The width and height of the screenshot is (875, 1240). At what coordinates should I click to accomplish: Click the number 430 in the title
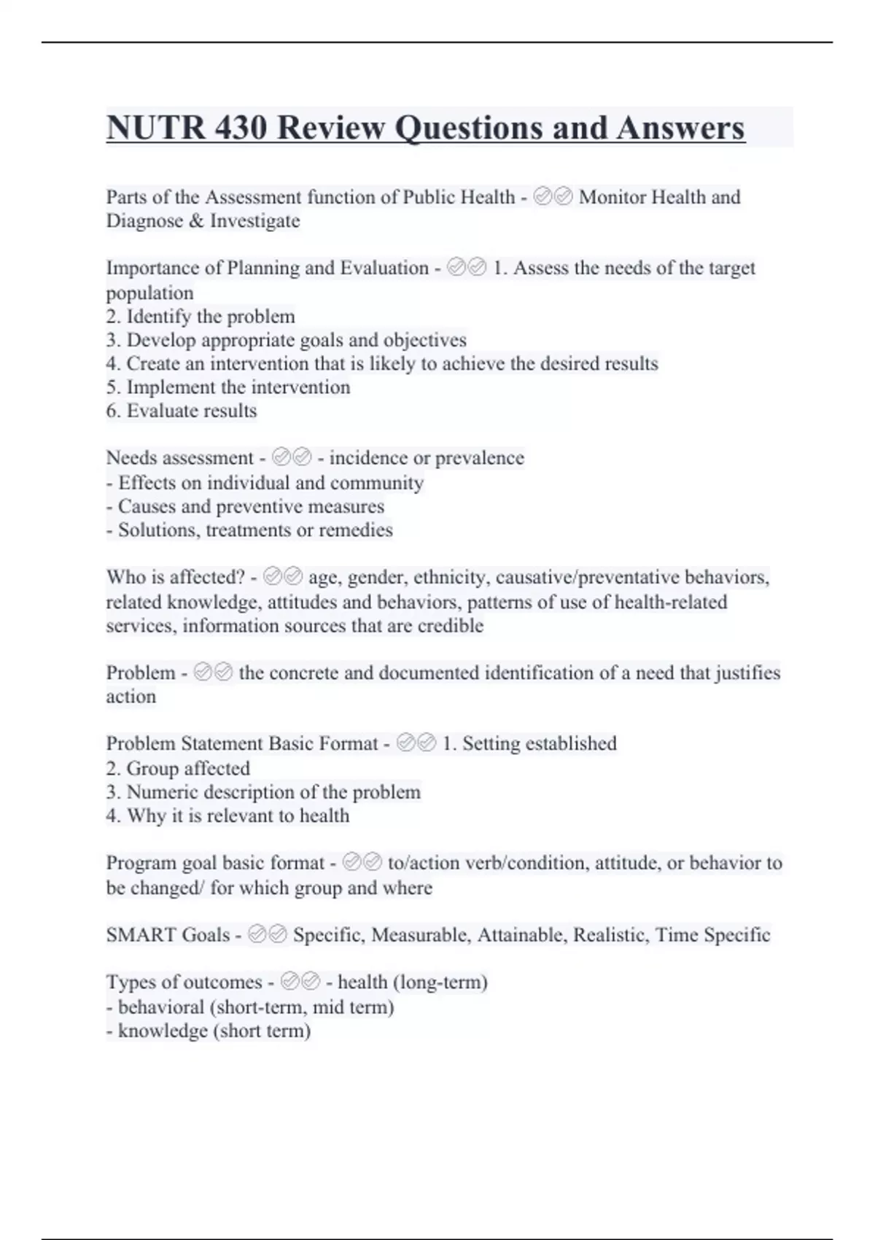[x=242, y=128]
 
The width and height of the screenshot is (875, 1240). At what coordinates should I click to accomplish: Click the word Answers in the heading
[x=680, y=128]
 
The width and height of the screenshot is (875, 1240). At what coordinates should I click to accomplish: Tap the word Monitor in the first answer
[x=611, y=197]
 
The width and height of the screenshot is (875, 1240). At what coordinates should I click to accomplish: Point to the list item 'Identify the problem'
[x=201, y=317]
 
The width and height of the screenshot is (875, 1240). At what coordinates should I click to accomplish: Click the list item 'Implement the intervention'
[x=228, y=387]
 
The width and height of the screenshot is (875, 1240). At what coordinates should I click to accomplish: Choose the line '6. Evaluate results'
[x=182, y=411]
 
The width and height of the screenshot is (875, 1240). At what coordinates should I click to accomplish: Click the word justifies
[x=747, y=673]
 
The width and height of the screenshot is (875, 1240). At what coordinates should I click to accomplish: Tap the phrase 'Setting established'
[x=539, y=744]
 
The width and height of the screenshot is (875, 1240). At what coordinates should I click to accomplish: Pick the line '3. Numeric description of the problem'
[x=263, y=792]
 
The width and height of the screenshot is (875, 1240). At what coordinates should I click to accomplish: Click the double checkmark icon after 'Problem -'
[x=214, y=673]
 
